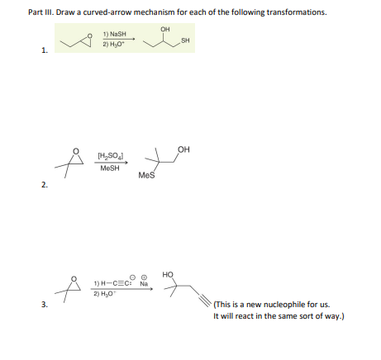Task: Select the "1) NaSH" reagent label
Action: pos(116,34)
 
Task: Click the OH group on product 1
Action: pos(166,28)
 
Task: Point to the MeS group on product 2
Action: pos(145,175)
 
